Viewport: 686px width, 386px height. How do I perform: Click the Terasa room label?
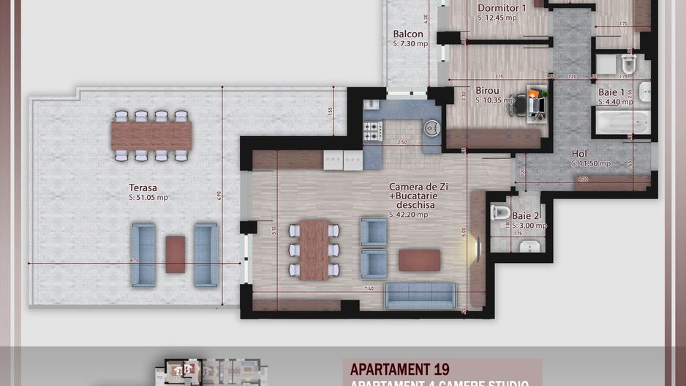(x=144, y=188)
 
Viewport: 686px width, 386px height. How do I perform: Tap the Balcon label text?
(x=407, y=34)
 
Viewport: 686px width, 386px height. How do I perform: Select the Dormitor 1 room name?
(x=502, y=7)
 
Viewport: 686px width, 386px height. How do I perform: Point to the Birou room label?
(x=487, y=90)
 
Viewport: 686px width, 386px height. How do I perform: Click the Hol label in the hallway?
(x=579, y=154)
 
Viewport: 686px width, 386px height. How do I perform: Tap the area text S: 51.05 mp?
(x=148, y=197)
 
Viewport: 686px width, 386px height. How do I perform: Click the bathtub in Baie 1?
(x=621, y=122)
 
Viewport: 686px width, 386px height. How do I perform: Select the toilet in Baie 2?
(x=500, y=213)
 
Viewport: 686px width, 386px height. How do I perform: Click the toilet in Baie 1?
(x=627, y=64)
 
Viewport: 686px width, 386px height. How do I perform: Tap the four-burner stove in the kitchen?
(x=373, y=131)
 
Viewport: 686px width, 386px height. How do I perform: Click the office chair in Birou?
(x=520, y=104)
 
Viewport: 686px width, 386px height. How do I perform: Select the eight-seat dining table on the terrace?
(x=151, y=135)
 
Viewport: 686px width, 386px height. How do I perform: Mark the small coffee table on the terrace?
(x=175, y=254)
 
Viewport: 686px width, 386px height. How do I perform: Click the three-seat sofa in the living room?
(x=421, y=295)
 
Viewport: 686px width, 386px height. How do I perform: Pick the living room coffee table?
(x=419, y=260)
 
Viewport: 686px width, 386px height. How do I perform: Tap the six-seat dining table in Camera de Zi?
(x=314, y=249)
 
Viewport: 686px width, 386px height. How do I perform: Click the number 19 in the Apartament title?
(x=440, y=369)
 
